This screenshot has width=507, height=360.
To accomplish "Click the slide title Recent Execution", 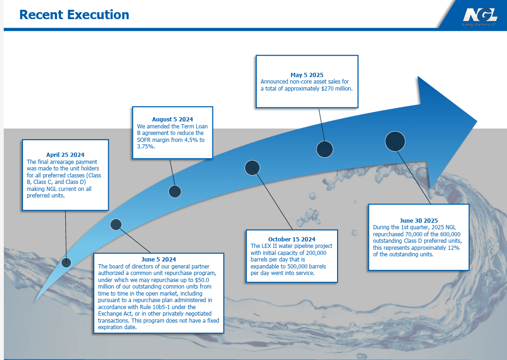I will pyautogui.click(x=74, y=15).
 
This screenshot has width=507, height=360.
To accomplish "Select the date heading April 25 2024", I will pyautogui.click(x=65, y=155).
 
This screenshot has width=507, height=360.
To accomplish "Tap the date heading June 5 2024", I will pyautogui.click(x=158, y=260).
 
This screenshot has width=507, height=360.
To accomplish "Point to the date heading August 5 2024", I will pyautogui.click(x=172, y=120).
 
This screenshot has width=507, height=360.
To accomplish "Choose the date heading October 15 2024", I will pyautogui.click(x=291, y=240).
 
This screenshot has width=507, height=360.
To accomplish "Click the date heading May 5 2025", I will pyautogui.click(x=307, y=75).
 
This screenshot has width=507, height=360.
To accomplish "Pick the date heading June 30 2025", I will pyautogui.click(x=419, y=221).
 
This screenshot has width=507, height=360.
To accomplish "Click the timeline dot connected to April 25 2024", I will pyautogui.click(x=66, y=262).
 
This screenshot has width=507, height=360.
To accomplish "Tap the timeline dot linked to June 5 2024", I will pyautogui.click(x=116, y=225).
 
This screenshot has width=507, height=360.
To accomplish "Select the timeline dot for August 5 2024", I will pyautogui.click(x=175, y=191).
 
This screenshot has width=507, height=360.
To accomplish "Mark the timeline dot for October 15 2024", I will pyautogui.click(x=252, y=168).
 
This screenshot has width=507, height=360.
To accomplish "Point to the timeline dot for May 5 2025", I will pyautogui.click(x=324, y=149).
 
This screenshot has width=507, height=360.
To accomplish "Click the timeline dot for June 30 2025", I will pyautogui.click(x=395, y=141).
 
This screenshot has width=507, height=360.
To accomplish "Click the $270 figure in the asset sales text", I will pyautogui.click(x=328, y=88).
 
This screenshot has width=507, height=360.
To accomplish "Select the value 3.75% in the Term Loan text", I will pyautogui.click(x=145, y=146).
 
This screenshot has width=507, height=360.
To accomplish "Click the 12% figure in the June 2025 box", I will pyautogui.click(x=453, y=248).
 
